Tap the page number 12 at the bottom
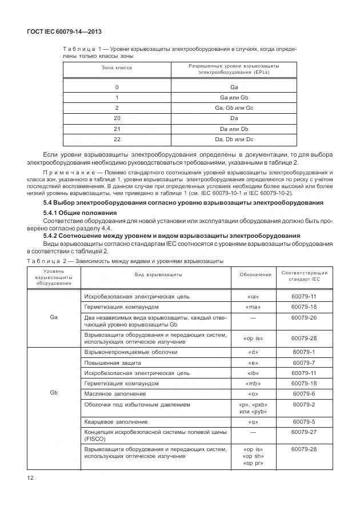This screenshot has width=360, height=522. pos(30,477)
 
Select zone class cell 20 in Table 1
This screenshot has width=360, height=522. pos(117,118)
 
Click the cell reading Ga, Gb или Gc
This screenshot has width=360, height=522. pos(234,107)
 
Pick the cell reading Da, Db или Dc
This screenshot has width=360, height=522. pos(234,139)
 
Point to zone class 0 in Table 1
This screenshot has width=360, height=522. pos(117,87)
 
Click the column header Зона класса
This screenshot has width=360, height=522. pos(117,67)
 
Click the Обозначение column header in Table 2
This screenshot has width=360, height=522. pos(255,275)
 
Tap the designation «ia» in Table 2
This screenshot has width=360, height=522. pos(255,297)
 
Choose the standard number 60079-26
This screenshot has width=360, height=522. pos(303,317)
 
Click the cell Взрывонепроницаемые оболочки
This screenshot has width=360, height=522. pos(131,352)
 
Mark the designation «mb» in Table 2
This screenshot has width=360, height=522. pos(255,383)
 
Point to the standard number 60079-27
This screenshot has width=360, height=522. pos(303,432)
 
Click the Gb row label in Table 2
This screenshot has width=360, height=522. pos(54,393)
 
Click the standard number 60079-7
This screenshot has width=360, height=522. pos(303,362)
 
